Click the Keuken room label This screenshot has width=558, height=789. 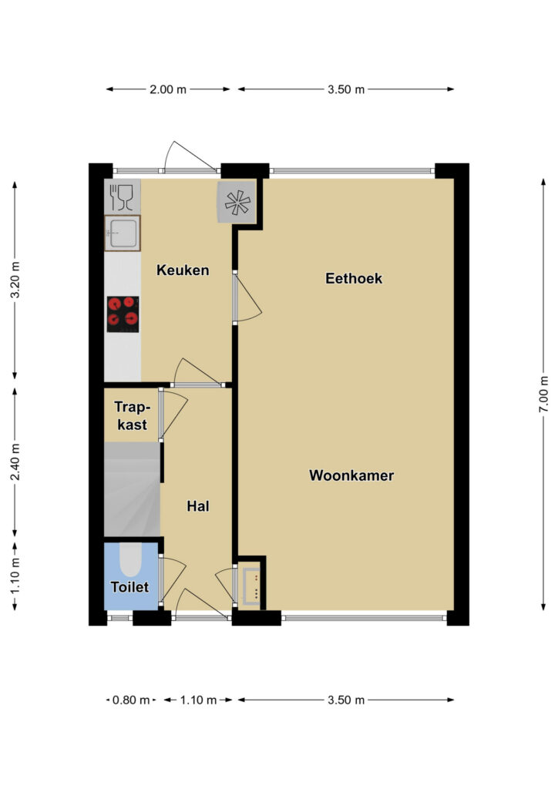pos(183,270)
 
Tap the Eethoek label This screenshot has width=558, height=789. pos(354,278)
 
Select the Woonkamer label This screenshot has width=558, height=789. pos(351,475)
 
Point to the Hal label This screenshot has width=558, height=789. pos(198,506)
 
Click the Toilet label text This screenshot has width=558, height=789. pos(129,587)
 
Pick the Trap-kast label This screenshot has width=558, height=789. pos(132,415)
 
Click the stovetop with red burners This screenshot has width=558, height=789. pos(123,314)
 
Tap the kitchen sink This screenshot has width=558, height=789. pos(123,233)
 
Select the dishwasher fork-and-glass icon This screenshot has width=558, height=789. pos(122,197)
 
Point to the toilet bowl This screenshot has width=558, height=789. pos(130,559)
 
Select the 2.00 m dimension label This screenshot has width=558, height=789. pos(168,89)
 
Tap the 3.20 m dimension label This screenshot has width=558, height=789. pos(15,280)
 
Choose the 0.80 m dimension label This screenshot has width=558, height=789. pos(131,700)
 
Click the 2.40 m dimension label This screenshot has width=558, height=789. pos(15,462)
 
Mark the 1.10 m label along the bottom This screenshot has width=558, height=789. pos(198,700)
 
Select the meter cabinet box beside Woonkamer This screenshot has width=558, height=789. pos(251,586)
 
